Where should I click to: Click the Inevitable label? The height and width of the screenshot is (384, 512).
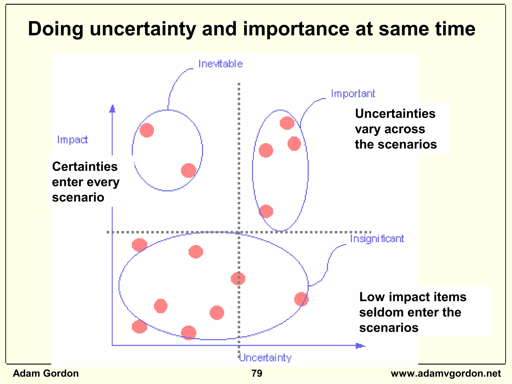pyautogui.click(x=220, y=64)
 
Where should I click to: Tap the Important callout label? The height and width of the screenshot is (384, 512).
pyautogui.click(x=353, y=94)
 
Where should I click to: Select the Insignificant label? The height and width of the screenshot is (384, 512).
pyautogui.click(x=377, y=239)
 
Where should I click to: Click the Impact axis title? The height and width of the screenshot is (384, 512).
pyautogui.click(x=72, y=140)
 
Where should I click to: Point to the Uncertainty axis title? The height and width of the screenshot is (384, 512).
pyautogui.click(x=265, y=358)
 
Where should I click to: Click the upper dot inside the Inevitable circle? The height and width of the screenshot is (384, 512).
pyautogui.click(x=147, y=130)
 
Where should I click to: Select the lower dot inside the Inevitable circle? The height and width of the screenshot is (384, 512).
pyautogui.click(x=188, y=170)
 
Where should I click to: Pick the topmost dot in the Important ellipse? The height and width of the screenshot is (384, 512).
pyautogui.click(x=287, y=123)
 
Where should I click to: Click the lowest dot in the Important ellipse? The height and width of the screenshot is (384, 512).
pyautogui.click(x=266, y=211)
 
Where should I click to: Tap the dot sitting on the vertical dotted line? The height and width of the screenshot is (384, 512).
pyautogui.click(x=238, y=278)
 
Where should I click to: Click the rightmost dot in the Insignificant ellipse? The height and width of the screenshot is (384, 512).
pyautogui.click(x=301, y=299)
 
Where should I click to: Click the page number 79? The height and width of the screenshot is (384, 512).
pyautogui.click(x=257, y=373)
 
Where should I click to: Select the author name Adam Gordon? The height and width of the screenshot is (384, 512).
pyautogui.click(x=46, y=373)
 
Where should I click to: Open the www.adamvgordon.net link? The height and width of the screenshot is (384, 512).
pyautogui.click(x=446, y=373)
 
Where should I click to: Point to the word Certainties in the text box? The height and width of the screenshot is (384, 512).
pyautogui.click(x=85, y=167)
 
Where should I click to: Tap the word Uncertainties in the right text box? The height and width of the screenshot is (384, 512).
pyautogui.click(x=395, y=114)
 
